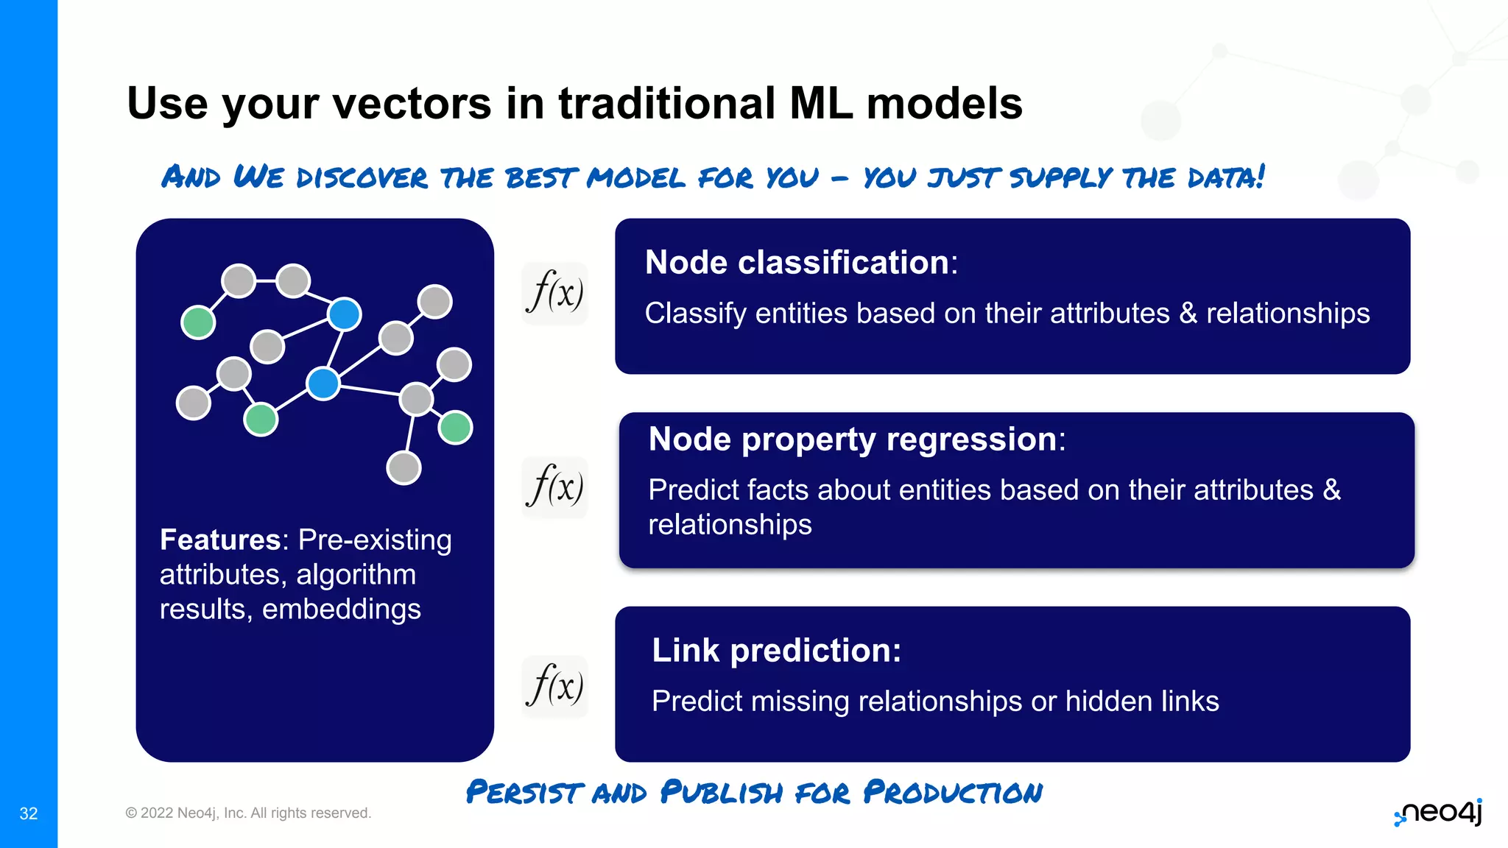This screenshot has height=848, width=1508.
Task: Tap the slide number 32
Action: [29, 813]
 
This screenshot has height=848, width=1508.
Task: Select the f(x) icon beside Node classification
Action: [554, 293]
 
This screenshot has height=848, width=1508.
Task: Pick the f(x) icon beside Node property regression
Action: [554, 487]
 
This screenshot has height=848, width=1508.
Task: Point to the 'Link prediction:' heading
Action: [776, 651]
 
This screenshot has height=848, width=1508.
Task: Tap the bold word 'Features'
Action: [220, 540]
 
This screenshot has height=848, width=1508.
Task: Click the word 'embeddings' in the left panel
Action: [342, 609]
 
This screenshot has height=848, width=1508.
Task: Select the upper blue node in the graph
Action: [345, 314]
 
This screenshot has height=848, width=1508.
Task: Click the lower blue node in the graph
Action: [323, 384]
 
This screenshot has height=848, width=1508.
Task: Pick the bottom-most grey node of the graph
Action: [404, 468]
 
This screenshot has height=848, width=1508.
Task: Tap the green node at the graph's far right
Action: [455, 428]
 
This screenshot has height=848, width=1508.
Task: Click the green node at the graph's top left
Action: [198, 322]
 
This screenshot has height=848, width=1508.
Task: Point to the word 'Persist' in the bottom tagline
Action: [524, 793]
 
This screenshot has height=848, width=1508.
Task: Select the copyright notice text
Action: [248, 813]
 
